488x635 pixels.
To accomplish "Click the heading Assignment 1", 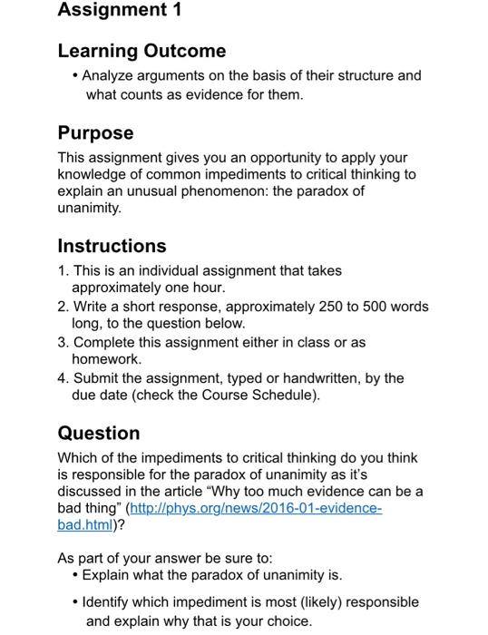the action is [120, 11].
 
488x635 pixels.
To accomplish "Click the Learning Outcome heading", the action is [142, 51].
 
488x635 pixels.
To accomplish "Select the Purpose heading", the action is [95, 132].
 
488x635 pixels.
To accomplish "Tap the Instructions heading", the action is [112, 246].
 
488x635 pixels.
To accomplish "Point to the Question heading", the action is [98, 433].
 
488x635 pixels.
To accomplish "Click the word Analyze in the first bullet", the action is [111, 75].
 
